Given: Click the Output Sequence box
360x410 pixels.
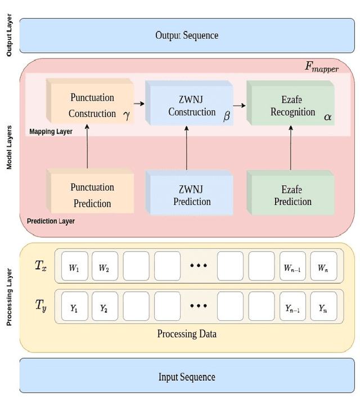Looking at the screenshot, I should [x=187, y=35].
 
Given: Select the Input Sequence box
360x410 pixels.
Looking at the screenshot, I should [x=187, y=377].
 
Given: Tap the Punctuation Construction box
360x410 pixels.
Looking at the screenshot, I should [x=92, y=105].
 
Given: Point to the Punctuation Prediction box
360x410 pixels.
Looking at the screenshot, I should [x=92, y=195].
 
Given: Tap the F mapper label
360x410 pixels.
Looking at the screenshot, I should [x=322, y=66].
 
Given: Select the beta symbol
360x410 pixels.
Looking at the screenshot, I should [x=227, y=117].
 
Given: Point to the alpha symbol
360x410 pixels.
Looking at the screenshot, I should [x=327, y=117].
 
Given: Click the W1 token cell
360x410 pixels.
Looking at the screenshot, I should [x=74, y=268].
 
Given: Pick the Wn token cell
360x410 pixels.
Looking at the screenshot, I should [x=323, y=268].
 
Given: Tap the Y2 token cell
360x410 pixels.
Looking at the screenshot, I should [x=105, y=308].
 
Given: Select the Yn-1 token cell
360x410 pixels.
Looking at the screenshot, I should [x=292, y=308].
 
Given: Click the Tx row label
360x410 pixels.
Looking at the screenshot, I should [x=40, y=266].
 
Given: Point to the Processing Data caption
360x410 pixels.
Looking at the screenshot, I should [x=187, y=333].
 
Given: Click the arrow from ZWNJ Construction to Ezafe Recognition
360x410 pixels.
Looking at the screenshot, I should [x=240, y=105].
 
